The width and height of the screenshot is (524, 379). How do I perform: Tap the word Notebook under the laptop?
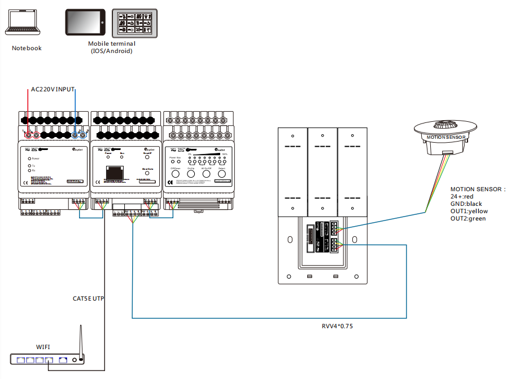(27, 48)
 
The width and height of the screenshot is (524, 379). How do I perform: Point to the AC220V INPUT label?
(53, 89)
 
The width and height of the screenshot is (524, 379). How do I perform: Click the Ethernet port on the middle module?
(116, 172)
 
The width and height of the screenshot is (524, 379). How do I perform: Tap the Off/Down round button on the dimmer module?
(175, 174)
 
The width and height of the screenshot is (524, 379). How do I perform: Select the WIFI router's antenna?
(81, 340)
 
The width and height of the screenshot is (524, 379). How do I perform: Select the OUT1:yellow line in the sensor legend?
(469, 211)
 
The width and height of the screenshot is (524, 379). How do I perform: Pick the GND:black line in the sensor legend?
(466, 204)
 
